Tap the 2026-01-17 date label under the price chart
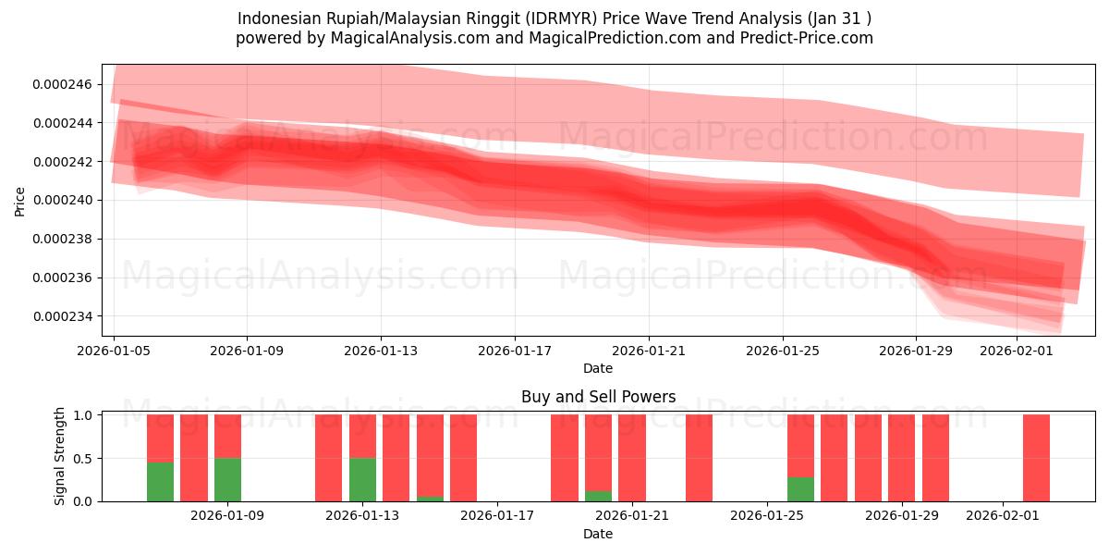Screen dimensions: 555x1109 [x=515, y=351]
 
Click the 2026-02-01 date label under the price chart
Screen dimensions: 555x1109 [x=1017, y=351]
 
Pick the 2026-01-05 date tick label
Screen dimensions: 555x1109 [x=114, y=351]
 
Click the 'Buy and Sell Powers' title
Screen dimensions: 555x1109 [x=598, y=397]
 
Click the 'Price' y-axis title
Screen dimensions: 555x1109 [x=20, y=200]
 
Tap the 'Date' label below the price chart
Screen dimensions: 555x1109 [x=598, y=369]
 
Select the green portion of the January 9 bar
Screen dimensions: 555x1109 [x=227, y=480]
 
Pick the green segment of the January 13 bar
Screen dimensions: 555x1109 [x=362, y=480]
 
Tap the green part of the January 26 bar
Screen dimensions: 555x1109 [x=800, y=489]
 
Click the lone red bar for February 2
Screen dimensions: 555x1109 [x=1036, y=458]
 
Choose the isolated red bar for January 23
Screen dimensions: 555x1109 [x=699, y=458]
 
